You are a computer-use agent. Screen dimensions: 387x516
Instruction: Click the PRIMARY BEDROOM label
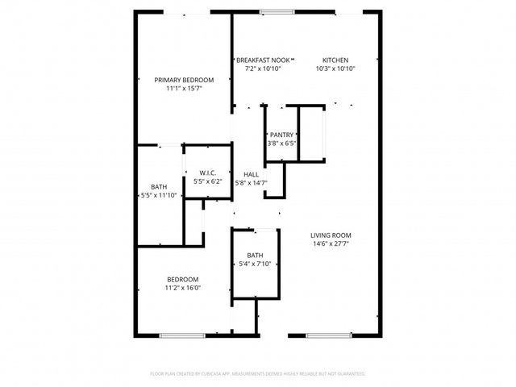click(x=184, y=80)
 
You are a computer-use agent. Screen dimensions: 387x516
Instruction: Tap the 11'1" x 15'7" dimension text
click(x=184, y=89)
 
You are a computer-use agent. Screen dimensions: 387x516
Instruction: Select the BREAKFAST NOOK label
click(x=263, y=60)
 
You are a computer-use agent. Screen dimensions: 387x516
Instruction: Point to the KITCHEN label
click(x=335, y=60)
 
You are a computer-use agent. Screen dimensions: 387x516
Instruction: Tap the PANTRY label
click(x=282, y=135)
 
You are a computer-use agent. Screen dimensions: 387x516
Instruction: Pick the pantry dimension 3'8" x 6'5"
click(x=282, y=144)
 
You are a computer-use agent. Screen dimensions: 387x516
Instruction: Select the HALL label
click(x=252, y=174)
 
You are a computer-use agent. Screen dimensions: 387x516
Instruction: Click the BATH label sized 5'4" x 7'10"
click(x=255, y=255)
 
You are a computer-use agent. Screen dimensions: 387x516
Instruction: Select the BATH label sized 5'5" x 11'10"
click(x=159, y=186)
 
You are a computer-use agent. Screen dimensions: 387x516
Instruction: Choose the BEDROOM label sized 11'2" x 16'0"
click(x=183, y=279)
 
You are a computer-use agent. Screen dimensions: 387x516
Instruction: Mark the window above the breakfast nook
click(x=277, y=11)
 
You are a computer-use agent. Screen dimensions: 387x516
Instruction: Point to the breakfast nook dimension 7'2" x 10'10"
click(x=263, y=69)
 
